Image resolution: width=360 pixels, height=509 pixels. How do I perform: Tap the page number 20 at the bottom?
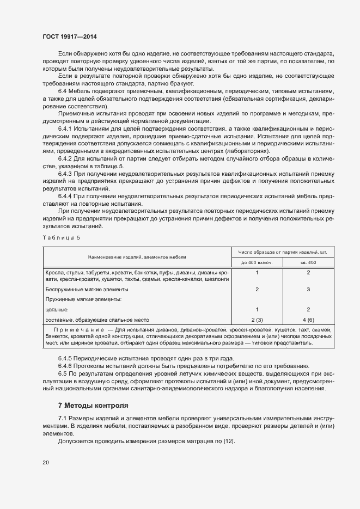[x=45, y=462]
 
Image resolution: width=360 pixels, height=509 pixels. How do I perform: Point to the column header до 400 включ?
[x=257, y=262]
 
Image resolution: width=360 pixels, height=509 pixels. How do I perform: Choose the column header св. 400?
[x=308, y=262]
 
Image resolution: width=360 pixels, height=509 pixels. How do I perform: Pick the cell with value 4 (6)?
[x=308, y=320]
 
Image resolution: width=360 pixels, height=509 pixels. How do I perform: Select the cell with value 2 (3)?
[x=257, y=320]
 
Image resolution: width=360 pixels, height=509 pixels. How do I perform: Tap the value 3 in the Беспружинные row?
[x=308, y=290]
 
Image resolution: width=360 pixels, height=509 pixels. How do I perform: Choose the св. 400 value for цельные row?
[x=308, y=310]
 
